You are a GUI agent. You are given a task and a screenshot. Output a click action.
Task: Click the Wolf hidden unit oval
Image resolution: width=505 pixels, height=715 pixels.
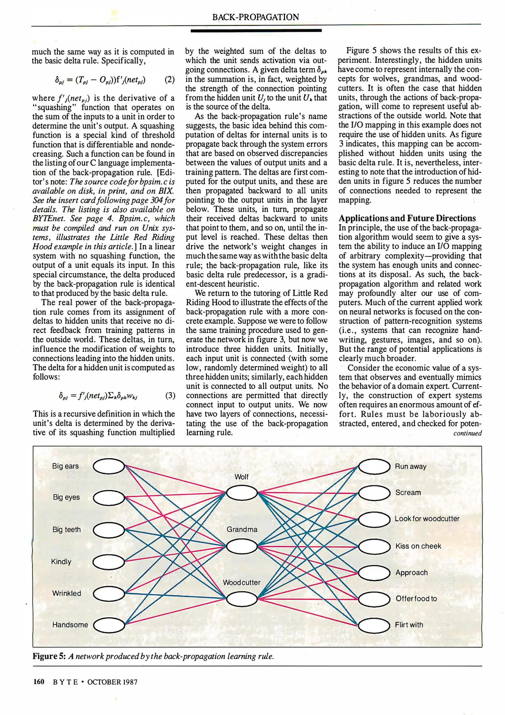tap(242, 493)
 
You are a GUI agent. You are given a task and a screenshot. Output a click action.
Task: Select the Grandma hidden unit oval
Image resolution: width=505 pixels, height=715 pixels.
tap(242, 547)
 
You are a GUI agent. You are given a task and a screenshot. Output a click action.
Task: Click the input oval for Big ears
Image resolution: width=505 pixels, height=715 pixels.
tap(109, 467)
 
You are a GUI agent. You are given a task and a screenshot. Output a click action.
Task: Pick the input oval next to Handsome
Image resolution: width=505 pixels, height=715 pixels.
tap(109, 625)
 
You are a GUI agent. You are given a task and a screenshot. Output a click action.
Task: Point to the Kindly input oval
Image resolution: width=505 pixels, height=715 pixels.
tap(109, 561)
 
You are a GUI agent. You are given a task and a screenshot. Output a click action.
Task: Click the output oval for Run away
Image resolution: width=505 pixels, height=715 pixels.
tap(374, 467)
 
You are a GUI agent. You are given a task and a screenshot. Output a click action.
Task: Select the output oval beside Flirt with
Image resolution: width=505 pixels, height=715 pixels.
tap(374, 625)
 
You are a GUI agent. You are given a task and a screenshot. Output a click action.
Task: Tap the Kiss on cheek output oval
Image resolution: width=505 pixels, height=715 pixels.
tap(374, 546)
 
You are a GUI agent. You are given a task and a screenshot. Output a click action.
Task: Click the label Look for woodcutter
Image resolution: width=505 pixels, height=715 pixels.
tap(427, 519)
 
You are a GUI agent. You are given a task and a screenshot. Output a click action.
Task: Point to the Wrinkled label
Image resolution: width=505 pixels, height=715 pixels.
tap(67, 593)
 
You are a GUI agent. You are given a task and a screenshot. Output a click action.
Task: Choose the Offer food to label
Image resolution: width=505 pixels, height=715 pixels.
tap(416, 598)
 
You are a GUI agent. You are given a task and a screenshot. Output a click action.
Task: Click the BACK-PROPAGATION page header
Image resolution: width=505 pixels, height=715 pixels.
tap(255, 17)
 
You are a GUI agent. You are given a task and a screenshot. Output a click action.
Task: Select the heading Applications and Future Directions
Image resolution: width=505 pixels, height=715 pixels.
tap(407, 218)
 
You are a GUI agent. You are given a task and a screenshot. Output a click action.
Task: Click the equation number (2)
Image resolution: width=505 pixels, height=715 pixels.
tap(169, 80)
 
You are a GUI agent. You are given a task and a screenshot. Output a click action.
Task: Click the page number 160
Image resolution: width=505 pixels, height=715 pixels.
tap(39, 682)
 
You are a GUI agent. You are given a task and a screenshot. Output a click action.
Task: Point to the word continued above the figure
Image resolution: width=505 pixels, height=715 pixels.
tap(467, 433)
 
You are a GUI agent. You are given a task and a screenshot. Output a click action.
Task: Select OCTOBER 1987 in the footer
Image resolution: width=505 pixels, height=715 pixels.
tap(112, 682)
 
